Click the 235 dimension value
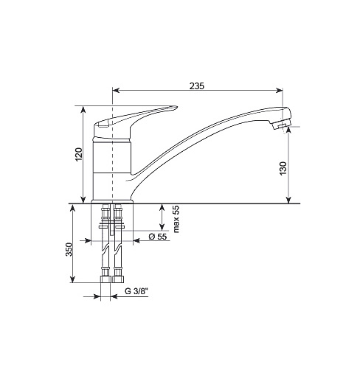click(x=197, y=86)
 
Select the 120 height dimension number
click(x=79, y=154)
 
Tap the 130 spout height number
click(x=283, y=168)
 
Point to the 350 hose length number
click(x=69, y=249)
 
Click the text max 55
click(x=176, y=219)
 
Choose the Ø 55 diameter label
click(x=158, y=237)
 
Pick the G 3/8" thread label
click(x=136, y=291)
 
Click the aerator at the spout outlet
click(x=280, y=126)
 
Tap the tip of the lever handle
click(x=176, y=107)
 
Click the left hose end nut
click(x=105, y=279)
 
